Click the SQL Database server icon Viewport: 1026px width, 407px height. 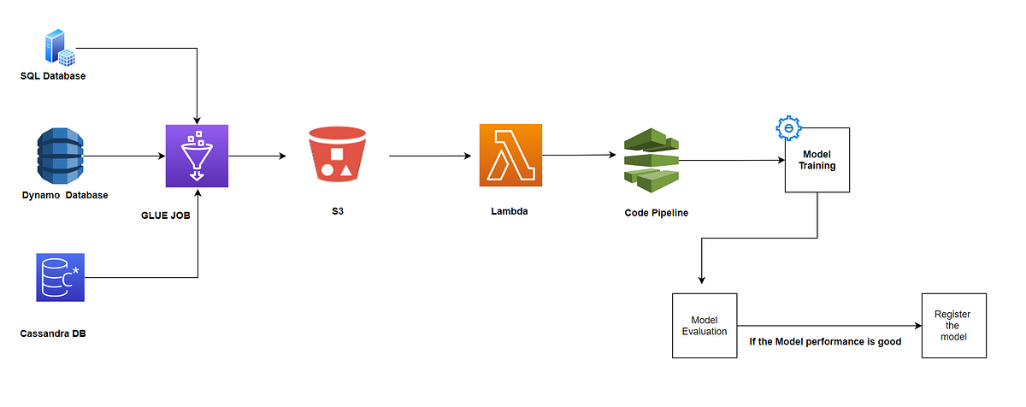[x=62, y=47]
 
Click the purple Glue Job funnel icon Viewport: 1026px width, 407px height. [x=197, y=156]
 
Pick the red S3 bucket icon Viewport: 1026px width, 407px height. [x=336, y=156]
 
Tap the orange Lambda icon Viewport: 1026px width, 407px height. [x=510, y=156]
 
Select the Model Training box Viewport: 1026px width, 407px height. [x=817, y=160]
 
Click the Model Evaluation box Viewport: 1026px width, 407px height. [x=705, y=325]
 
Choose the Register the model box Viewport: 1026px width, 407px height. [x=953, y=325]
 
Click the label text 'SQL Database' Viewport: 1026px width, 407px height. [x=53, y=76]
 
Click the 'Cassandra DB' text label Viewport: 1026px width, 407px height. [x=53, y=333]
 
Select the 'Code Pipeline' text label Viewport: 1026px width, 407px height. [x=656, y=212]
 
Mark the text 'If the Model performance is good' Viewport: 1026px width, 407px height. [x=825, y=341]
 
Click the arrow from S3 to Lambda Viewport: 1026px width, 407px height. [x=429, y=156]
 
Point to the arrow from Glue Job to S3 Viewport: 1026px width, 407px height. [x=257, y=156]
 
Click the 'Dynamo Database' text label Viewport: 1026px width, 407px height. [x=65, y=195]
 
